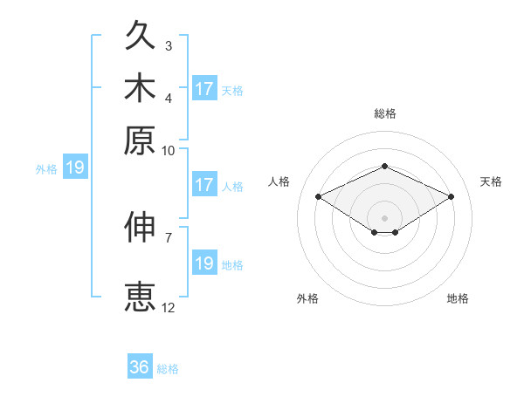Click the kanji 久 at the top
coord(140,35)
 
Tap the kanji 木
coord(140,87)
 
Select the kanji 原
coord(140,140)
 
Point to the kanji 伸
coord(140,227)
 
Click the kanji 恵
coord(140,297)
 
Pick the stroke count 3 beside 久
coord(169,45)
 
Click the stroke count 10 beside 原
coord(168,151)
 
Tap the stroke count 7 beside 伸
coord(169,238)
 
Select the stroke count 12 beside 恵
coord(168,308)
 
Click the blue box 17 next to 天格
coord(204,88)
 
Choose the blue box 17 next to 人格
coord(204,184)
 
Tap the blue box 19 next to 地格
coord(204,262)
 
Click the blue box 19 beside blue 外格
coord(75,167)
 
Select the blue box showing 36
coord(140,366)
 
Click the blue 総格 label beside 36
coord(168,369)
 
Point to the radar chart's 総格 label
coord(385,113)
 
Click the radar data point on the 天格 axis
coord(452,196)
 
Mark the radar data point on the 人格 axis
coord(319,196)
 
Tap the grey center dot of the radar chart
coord(384,218)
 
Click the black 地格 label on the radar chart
coord(458,298)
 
